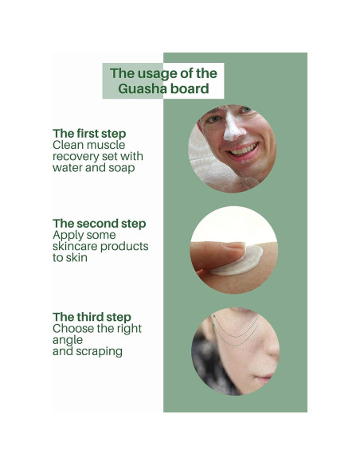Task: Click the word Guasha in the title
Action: point(143,88)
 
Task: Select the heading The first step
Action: point(89,134)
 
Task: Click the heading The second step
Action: point(100,224)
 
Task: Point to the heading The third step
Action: point(92,317)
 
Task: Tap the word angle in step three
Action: point(68,339)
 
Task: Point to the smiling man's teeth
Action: point(244,150)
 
